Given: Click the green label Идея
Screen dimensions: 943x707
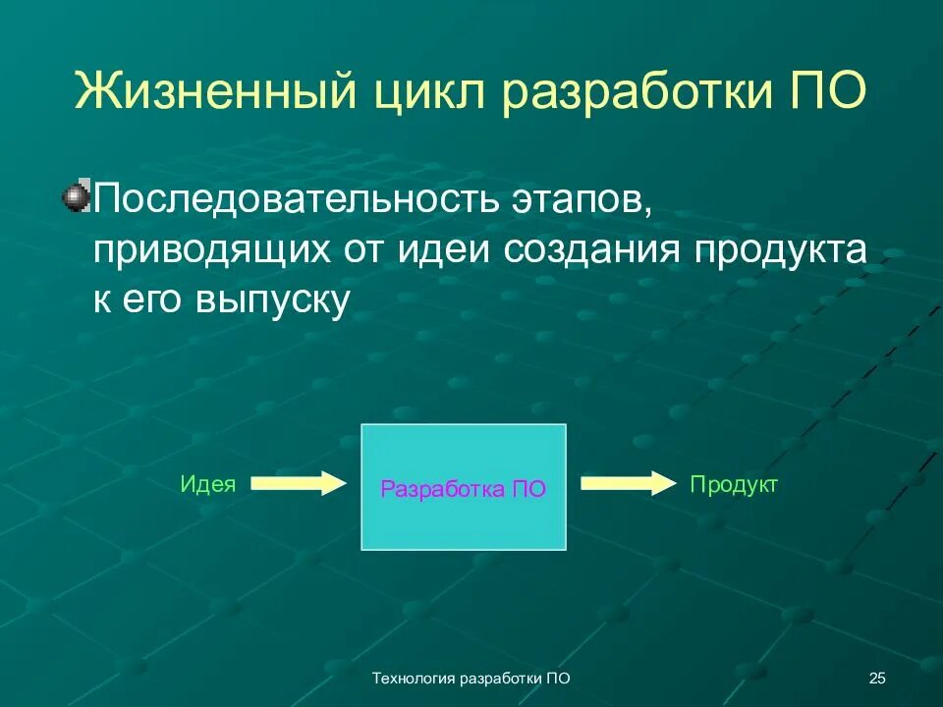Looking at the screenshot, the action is coord(208,484).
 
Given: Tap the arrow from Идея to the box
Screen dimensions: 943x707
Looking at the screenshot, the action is coord(300,483).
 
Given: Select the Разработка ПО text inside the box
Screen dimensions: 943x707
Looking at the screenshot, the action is coord(463,489).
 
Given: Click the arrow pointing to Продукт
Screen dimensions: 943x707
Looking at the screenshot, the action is coord(629,483).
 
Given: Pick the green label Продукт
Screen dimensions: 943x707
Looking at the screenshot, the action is coord(733,484).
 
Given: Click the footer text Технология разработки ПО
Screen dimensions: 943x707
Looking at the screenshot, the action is coord(472,678).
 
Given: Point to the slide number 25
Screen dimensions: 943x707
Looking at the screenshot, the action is coord(877,678).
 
